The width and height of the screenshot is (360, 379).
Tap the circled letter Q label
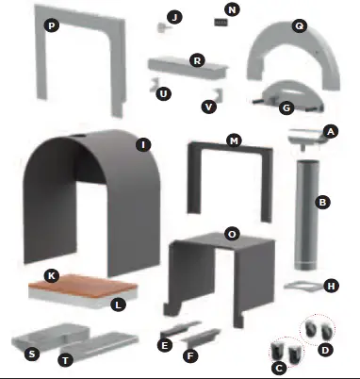coord(299,27)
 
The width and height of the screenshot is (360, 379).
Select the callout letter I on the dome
coord(142,144)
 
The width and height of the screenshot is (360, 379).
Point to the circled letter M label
coord(235,140)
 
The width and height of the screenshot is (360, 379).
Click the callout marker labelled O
coord(232,231)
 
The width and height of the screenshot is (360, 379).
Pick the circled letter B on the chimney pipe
coord(321,202)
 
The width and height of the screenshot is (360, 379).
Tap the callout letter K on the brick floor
coord(52,275)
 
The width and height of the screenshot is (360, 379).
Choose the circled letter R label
coord(197,59)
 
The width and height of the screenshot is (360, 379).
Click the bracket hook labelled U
coord(151,90)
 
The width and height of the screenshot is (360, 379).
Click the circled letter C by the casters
coord(278,369)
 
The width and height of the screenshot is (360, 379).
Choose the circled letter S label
coord(31,354)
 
